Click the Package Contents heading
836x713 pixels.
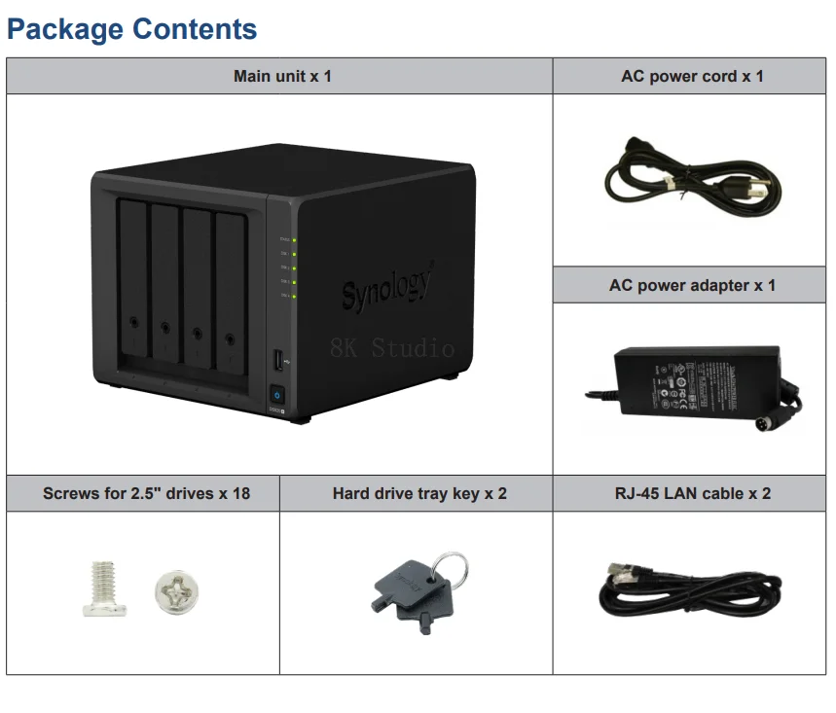click(x=132, y=28)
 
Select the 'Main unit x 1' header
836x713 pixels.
click(x=282, y=76)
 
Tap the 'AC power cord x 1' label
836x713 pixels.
click(x=692, y=76)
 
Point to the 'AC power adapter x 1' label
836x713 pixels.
click(x=692, y=285)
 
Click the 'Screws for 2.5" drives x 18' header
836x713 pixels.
click(x=146, y=493)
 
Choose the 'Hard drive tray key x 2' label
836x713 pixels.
click(x=419, y=493)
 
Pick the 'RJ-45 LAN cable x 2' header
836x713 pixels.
click(x=692, y=493)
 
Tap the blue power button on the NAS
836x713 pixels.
click(x=277, y=396)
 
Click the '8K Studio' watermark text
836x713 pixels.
click(x=392, y=348)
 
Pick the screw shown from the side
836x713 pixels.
click(x=104, y=589)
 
